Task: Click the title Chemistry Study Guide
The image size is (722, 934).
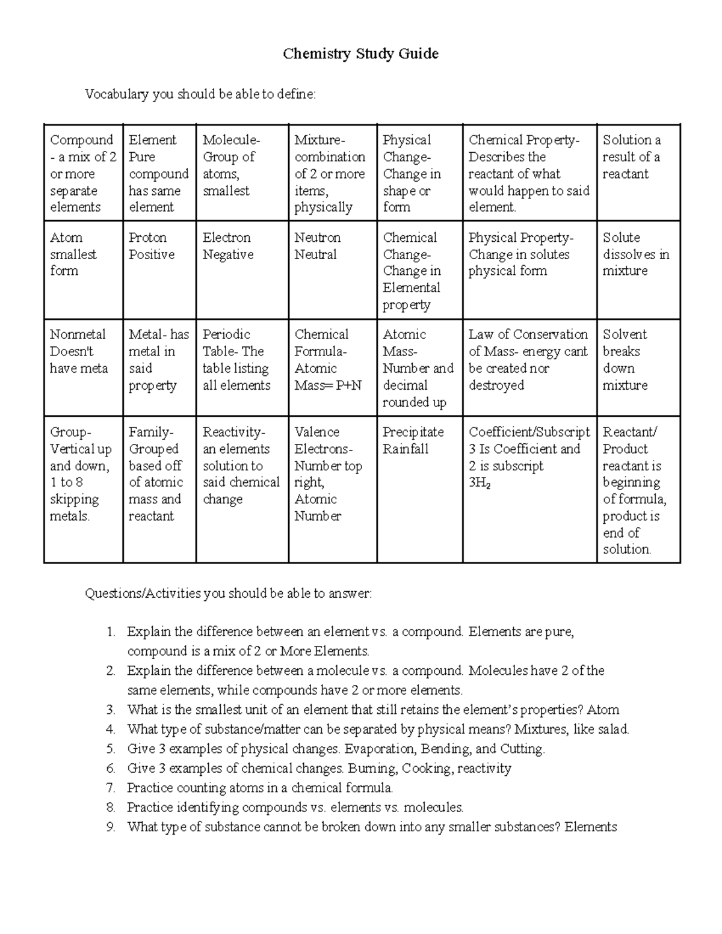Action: pyautogui.click(x=360, y=54)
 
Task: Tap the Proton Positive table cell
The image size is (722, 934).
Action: pyautogui.click(x=152, y=246)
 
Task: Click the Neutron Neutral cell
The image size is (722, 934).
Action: pyautogui.click(x=317, y=246)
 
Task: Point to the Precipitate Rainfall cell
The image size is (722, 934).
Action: pyautogui.click(x=413, y=440)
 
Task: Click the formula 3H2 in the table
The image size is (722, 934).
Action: pyautogui.click(x=480, y=483)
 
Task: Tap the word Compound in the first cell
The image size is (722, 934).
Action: pyautogui.click(x=81, y=140)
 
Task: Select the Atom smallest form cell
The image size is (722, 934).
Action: pyautogui.click(x=73, y=254)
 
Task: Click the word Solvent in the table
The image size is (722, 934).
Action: pyautogui.click(x=625, y=334)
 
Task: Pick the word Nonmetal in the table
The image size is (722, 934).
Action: pyautogui.click(x=78, y=334)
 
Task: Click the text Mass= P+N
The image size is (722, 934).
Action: pyautogui.click(x=328, y=386)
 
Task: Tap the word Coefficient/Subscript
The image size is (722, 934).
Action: pyautogui.click(x=529, y=432)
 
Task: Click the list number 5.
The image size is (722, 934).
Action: pyautogui.click(x=110, y=749)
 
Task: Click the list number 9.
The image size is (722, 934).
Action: pyautogui.click(x=110, y=827)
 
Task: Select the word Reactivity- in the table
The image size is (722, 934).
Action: pyautogui.click(x=233, y=432)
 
